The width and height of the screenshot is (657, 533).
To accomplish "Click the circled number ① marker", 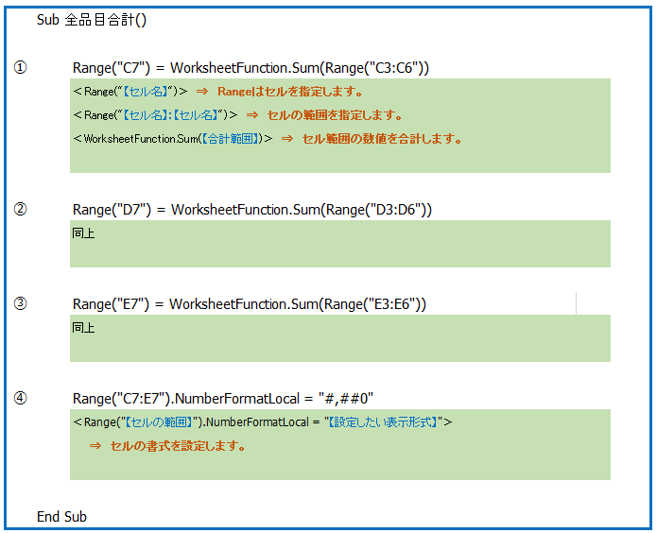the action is point(20,67).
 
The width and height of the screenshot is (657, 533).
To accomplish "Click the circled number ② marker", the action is point(20,209).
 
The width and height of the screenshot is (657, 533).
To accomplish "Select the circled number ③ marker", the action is point(20,303).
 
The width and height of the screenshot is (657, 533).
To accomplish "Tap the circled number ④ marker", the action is point(20,398).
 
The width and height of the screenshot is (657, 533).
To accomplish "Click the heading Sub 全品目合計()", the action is point(92,20).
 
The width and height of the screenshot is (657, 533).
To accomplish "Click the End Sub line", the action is point(61,517).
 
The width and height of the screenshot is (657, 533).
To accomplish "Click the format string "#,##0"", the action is point(346,398).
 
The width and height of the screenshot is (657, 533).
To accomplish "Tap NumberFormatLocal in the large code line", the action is point(236,399).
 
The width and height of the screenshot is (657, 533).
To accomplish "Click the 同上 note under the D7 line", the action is point(83,233).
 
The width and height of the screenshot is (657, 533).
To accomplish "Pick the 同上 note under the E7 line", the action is point(83,327).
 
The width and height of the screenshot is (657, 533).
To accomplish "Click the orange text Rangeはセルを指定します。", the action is point(290,92).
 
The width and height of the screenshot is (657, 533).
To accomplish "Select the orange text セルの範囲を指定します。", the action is point(335,114).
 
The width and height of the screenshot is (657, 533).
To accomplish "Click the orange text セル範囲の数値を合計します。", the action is point(382,138).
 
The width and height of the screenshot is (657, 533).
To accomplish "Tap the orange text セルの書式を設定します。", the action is point(178,445).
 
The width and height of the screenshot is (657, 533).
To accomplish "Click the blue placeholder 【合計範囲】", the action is point(230,138).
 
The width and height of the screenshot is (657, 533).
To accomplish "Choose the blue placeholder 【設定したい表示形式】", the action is point(383,421).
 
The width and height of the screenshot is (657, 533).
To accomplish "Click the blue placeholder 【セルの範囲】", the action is point(159,421).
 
